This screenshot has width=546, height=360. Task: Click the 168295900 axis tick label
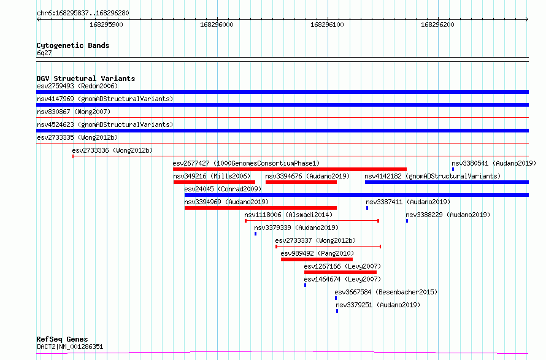pyautogui.click(x=106, y=25)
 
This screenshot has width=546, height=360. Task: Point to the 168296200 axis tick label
pyautogui.click(x=437, y=25)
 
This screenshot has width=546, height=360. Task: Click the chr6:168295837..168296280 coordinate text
pyautogui.click(x=83, y=13)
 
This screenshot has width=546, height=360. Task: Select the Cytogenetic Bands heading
pyautogui.click(x=73, y=45)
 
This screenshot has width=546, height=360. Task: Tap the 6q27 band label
pyautogui.click(x=44, y=53)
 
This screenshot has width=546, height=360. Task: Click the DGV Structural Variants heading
pyautogui.click(x=86, y=79)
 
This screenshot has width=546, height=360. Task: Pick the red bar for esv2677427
pyautogui.click(x=290, y=169)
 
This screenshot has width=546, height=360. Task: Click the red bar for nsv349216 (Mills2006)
pyautogui.click(x=214, y=182)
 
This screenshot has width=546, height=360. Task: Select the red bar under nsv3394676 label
pyautogui.click(x=301, y=182)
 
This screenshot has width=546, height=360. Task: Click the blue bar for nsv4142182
pyautogui.click(x=447, y=182)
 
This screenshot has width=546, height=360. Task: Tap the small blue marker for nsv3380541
pyautogui.click(x=453, y=169)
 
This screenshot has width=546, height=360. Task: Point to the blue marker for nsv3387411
pyautogui.click(x=367, y=208)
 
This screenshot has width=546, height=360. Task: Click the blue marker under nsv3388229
pyautogui.click(x=407, y=221)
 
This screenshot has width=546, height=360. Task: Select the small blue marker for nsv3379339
pyautogui.click(x=256, y=234)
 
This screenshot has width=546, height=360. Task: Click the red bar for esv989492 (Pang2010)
pyautogui.click(x=317, y=259)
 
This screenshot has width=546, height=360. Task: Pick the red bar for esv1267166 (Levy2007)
pyautogui.click(x=340, y=272)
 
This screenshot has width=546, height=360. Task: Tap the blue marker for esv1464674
pyautogui.click(x=306, y=285)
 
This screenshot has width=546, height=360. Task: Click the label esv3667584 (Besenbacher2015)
pyautogui.click(x=386, y=292)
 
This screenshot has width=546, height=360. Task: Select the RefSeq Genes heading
pyautogui.click(x=63, y=339)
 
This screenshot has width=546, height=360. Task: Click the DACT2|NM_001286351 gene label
pyautogui.click(x=70, y=347)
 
